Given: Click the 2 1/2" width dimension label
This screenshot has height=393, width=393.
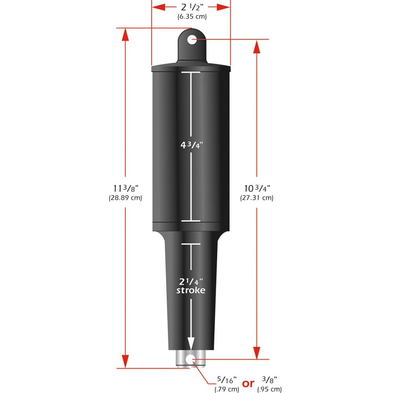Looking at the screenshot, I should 191,7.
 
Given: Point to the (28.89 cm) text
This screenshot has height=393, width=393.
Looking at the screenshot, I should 125,198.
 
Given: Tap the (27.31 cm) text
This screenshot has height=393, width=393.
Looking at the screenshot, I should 257,198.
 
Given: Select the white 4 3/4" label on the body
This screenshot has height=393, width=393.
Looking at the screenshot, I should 191,144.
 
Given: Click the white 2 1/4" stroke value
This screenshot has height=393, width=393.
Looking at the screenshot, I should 191,281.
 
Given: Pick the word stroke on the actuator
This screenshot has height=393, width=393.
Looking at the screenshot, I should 191,291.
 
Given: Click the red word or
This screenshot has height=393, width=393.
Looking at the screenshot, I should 248,383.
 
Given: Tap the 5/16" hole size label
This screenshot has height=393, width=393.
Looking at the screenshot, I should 227,380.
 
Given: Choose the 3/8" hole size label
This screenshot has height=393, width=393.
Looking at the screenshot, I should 270,380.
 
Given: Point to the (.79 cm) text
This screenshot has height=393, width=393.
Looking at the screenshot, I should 227,389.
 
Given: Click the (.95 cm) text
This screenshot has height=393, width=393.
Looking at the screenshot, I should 270,389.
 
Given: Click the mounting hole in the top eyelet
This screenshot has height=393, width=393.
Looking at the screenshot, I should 191,39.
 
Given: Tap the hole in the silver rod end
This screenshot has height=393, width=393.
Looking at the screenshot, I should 191,358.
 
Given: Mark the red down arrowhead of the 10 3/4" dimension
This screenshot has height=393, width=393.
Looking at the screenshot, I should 257,352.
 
